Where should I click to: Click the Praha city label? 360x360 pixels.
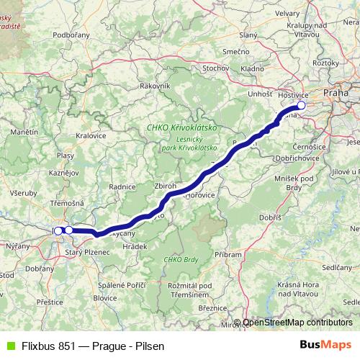[x=336, y=92]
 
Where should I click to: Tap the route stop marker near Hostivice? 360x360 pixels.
[x=301, y=106]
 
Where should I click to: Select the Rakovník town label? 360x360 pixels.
[x=155, y=86]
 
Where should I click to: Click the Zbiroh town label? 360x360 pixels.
[x=166, y=186]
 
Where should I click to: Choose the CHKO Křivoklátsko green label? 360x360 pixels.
[x=181, y=127]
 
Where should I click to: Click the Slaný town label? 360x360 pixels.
[x=248, y=35]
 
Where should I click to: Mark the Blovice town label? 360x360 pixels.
[x=105, y=297]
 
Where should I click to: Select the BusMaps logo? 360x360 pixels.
[x=325, y=344]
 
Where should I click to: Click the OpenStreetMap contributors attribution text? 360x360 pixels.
[x=297, y=323]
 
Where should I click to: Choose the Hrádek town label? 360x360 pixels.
[x=135, y=246]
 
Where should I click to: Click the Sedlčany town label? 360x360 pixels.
[x=336, y=266]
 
